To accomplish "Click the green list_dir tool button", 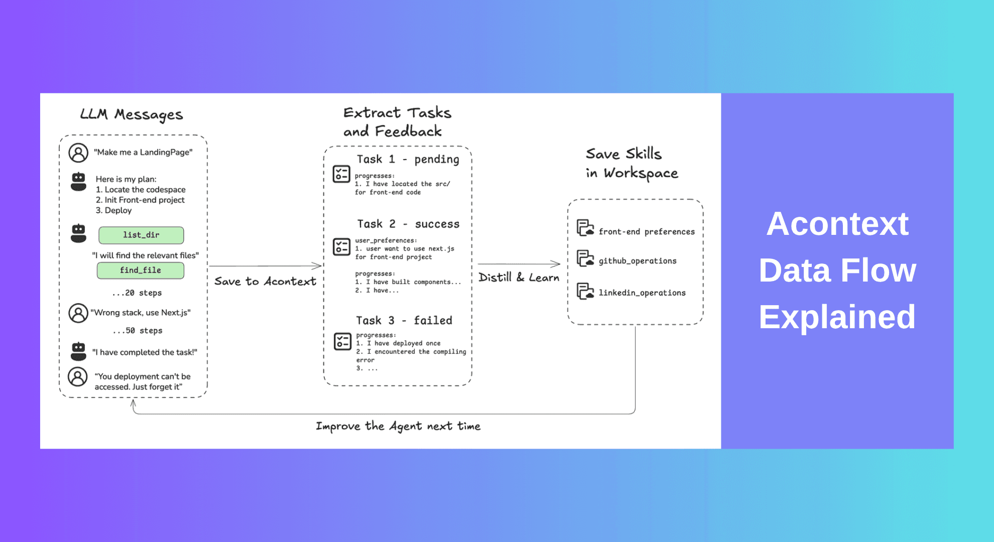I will point(141,235).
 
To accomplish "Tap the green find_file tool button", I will point(141,270).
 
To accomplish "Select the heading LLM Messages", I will point(132,114).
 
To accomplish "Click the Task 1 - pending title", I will point(408,160).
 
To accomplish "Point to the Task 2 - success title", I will point(408,224).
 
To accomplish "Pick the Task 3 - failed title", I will point(404,321).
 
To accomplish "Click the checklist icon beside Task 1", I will point(341,174).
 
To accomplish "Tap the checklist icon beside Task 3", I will point(342,341).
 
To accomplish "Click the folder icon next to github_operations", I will point(585,258).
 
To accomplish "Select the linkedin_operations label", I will point(642,293).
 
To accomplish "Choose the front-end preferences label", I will point(647,232).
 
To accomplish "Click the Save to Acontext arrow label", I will point(265,282).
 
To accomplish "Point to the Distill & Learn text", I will point(519,278).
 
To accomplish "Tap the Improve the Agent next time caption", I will point(398,427).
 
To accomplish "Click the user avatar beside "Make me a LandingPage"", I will point(78,153).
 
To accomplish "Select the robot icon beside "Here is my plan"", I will point(78,182).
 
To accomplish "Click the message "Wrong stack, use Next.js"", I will point(141,313).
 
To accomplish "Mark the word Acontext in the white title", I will point(837,224).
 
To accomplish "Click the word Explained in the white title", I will point(837,317).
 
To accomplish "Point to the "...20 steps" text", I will point(137,293).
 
